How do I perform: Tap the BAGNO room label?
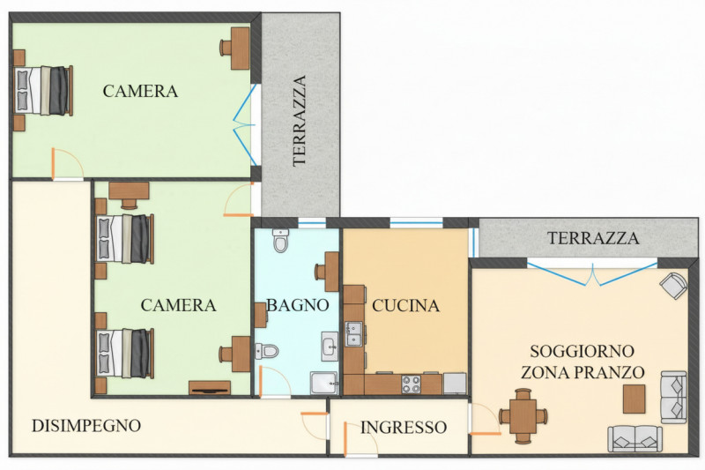click(298, 306)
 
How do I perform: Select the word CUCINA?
click(405, 306)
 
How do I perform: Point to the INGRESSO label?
click(403, 428)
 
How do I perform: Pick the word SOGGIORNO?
click(581, 351)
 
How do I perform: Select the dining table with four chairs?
click(522, 415)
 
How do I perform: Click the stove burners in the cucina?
click(412, 384)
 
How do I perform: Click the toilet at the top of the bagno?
click(281, 239)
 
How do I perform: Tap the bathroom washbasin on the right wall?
click(330, 344)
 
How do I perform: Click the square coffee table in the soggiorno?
click(634, 399)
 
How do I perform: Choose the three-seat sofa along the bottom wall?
click(634, 437)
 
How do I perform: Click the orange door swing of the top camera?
click(65, 163)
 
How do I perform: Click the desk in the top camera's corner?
click(237, 48)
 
